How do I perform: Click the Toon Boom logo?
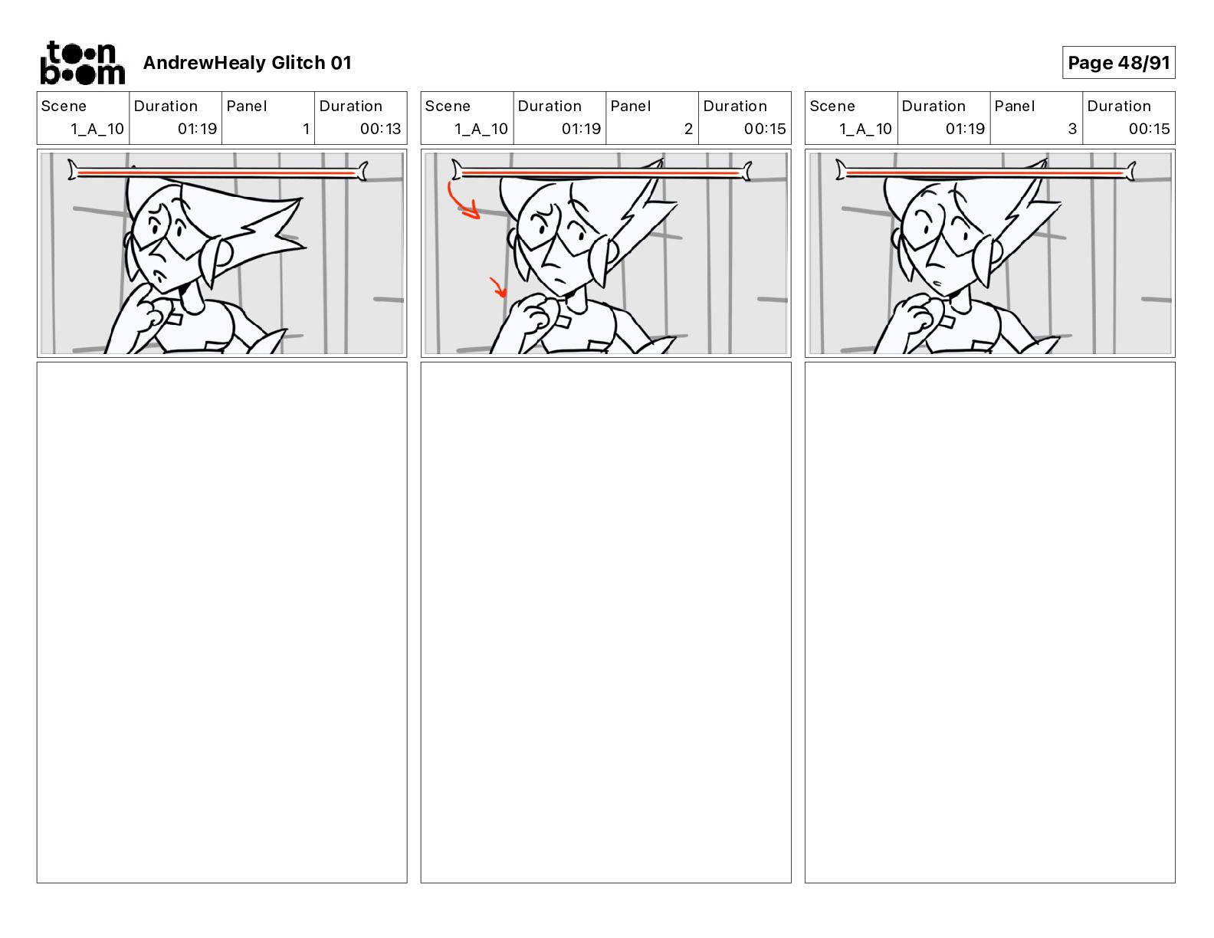point(83,63)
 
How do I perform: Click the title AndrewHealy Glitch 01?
point(247,63)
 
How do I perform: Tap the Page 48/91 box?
point(1118,63)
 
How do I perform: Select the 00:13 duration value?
point(380,129)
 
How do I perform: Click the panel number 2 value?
point(688,129)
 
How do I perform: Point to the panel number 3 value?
point(1072,129)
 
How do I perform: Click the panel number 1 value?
point(306,129)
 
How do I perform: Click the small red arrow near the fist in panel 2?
point(499,287)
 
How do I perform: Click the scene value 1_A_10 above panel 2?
point(481,129)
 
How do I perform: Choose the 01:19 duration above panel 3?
point(965,129)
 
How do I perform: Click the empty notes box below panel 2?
point(605,622)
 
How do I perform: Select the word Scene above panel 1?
point(64,107)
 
